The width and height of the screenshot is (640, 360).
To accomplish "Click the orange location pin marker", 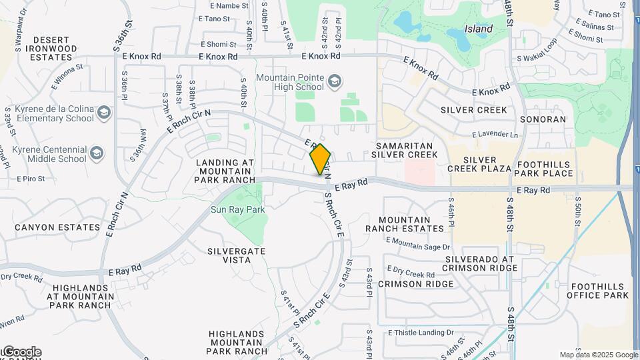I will (321, 159).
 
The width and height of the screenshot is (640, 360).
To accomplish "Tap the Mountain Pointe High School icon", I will (335, 82).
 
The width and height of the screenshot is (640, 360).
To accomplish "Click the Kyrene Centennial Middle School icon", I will (97, 153).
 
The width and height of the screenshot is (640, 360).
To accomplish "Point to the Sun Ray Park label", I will (238, 209).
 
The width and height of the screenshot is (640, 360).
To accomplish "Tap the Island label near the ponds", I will (479, 29).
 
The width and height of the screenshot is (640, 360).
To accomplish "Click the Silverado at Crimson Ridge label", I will (481, 263).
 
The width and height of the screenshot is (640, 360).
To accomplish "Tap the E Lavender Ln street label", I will (495, 135).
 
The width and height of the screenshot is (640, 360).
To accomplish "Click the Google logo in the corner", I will (21, 351).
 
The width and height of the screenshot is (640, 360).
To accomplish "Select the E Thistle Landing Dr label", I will (421, 332).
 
